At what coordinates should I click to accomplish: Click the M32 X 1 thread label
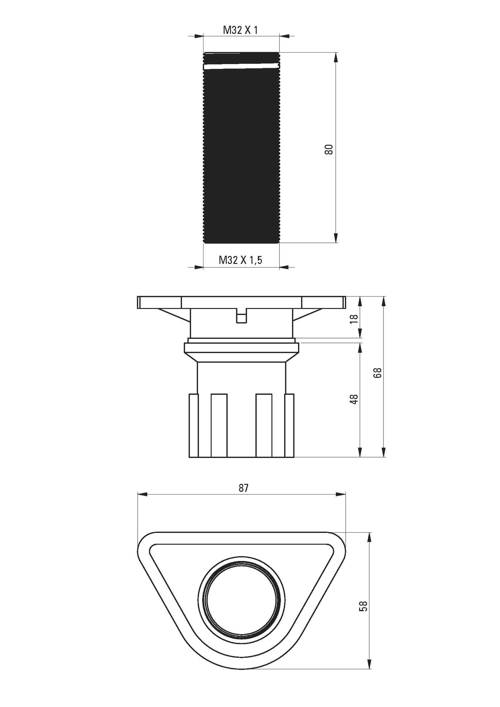pyautogui.click(x=240, y=30)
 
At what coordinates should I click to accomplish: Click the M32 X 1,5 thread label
pyautogui.click(x=240, y=260)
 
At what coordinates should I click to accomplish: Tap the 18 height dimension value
pyautogui.click(x=354, y=318)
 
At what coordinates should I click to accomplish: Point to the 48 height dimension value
pyautogui.click(x=354, y=399)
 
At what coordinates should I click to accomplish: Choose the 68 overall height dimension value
pyautogui.click(x=378, y=372)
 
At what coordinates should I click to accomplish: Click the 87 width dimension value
pyautogui.click(x=243, y=488)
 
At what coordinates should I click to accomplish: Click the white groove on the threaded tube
pyautogui.click(x=241, y=66)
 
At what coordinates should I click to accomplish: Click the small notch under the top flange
pyautogui.click(x=242, y=317)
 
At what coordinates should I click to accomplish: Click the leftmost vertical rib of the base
pyautogui.click(x=193, y=425)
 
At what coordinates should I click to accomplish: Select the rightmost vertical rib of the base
pyautogui.click(x=289, y=425)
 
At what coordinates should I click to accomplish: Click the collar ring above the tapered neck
pyautogui.click(x=242, y=347)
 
